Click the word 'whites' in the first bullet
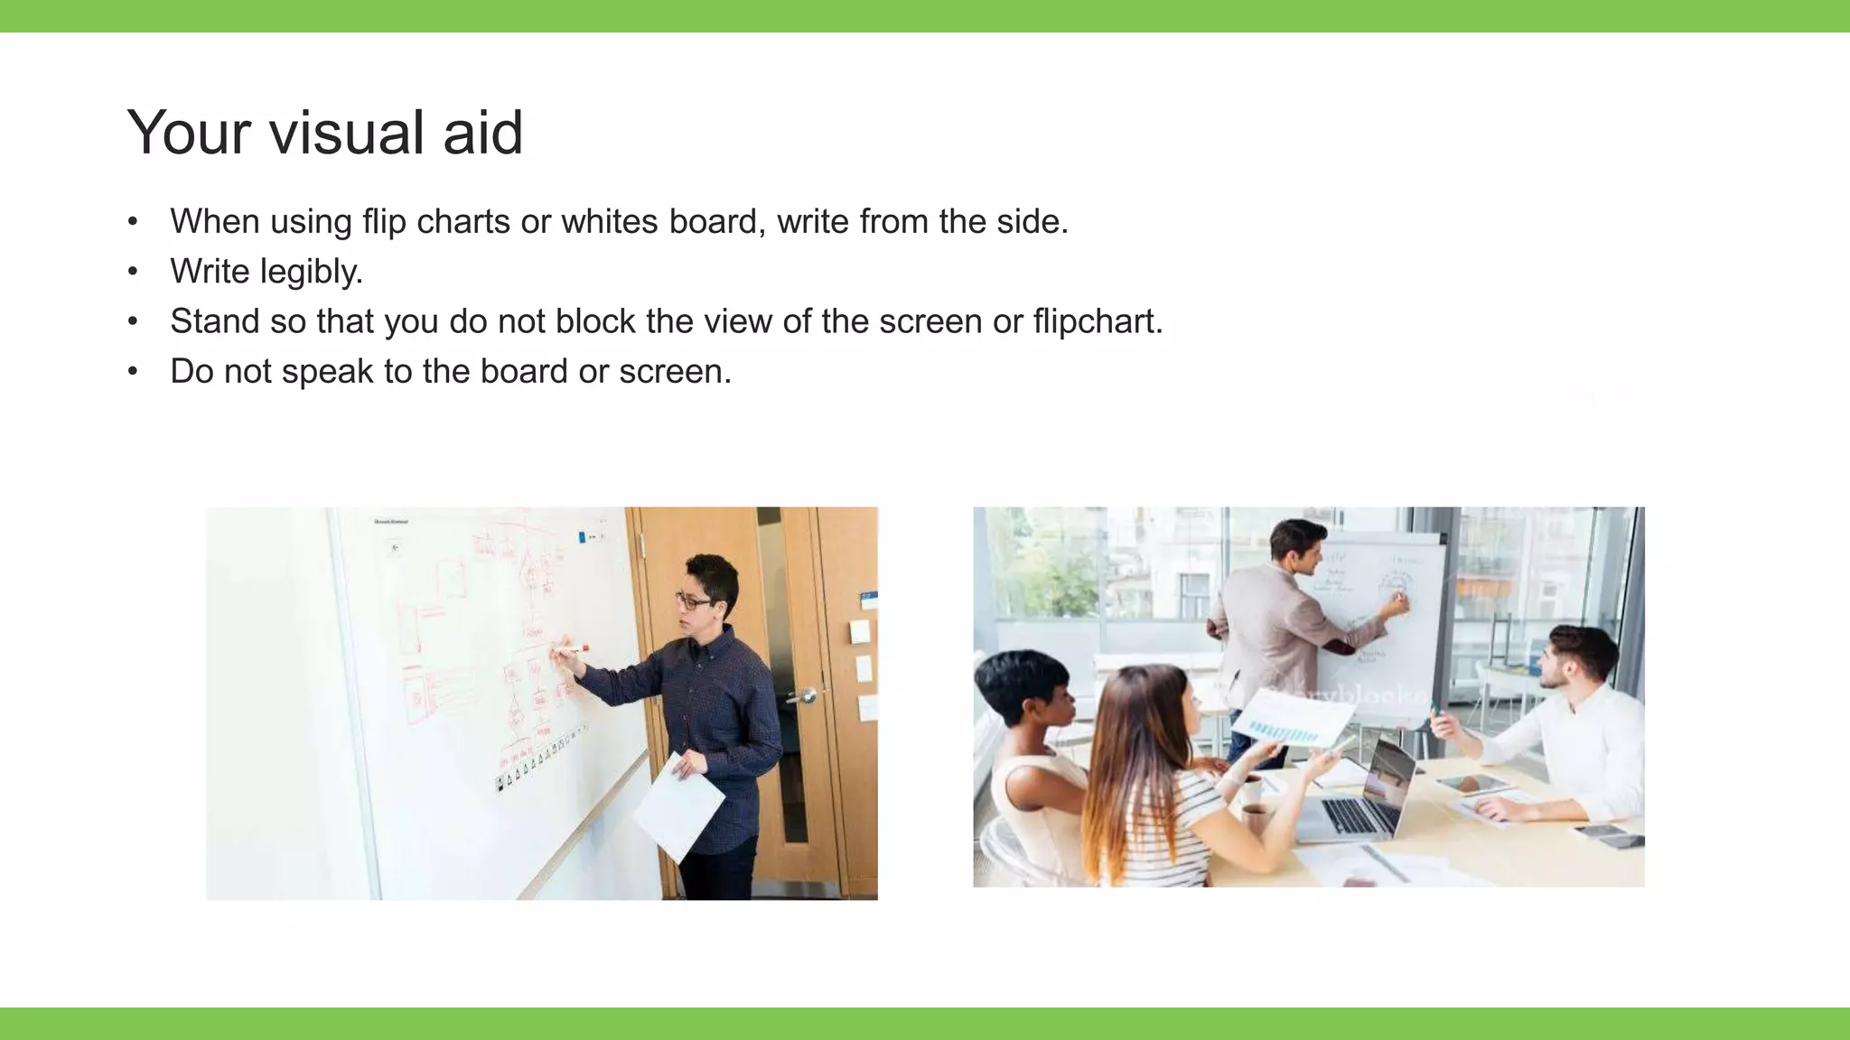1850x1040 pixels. point(610,222)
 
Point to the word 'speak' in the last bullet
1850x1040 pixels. point(327,372)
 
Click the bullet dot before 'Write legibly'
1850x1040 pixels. point(133,272)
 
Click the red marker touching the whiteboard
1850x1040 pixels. point(570,648)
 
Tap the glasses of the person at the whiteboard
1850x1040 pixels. point(692,600)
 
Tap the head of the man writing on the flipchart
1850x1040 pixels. point(1297,546)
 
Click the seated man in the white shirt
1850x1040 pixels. point(1572,731)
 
